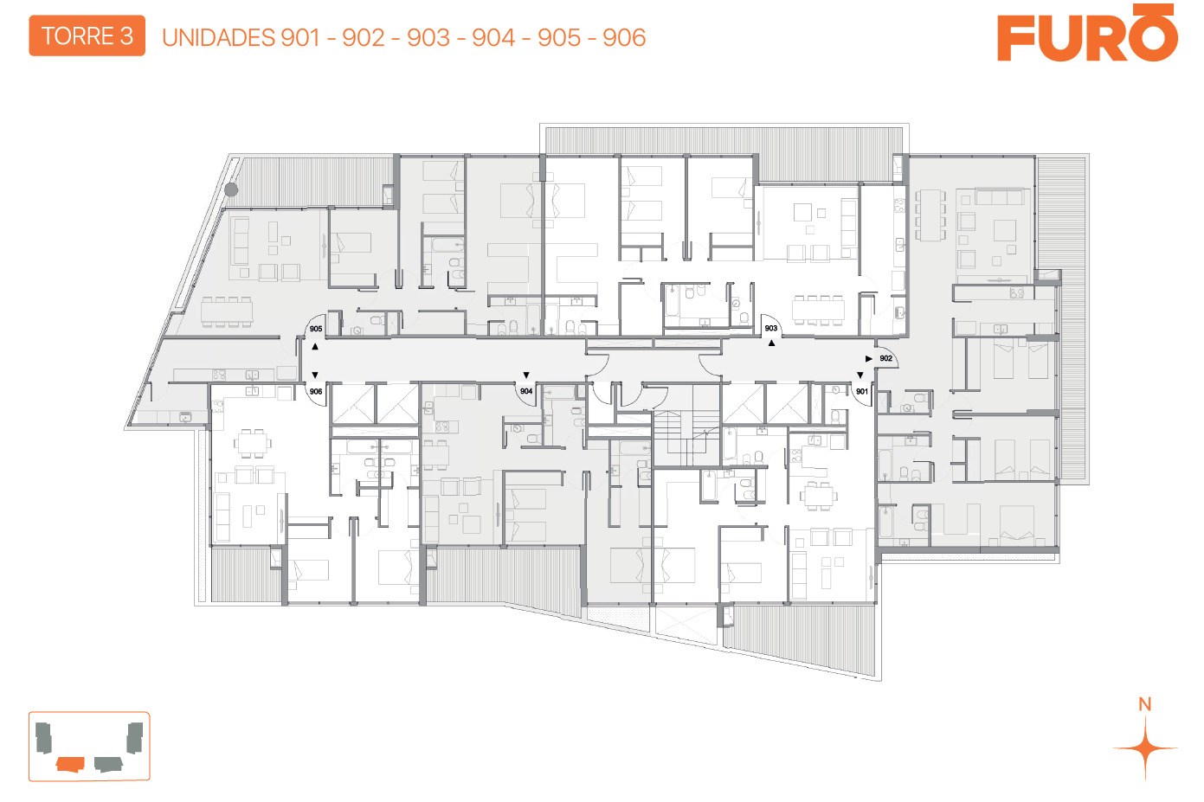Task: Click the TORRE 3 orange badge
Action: (87, 36)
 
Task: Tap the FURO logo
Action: (1087, 33)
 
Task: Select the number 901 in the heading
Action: (300, 37)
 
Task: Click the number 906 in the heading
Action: (624, 37)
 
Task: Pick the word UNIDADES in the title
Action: (218, 37)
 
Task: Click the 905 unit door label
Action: (316, 329)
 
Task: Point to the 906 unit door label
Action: (316, 392)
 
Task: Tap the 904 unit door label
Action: (526, 391)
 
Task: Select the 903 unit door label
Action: (770, 328)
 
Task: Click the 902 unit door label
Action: (885, 358)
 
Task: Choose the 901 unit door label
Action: (861, 392)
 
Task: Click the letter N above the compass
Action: (1145, 704)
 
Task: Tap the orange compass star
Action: (1145, 747)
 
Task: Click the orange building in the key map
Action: (70, 763)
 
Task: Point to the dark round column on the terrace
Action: (231, 189)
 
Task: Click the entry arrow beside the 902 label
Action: (869, 359)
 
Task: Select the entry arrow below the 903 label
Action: (771, 343)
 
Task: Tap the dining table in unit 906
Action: (253, 443)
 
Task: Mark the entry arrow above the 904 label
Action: (526, 375)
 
